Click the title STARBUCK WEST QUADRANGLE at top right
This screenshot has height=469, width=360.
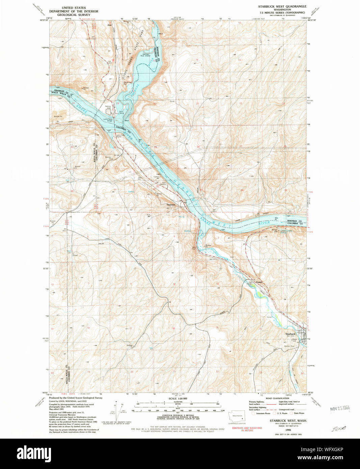point(282,6)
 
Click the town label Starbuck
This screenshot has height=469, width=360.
point(290,334)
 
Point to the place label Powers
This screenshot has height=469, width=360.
point(259,282)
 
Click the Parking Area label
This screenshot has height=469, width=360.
point(108,107)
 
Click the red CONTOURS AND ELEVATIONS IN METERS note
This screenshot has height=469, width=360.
point(247,429)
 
